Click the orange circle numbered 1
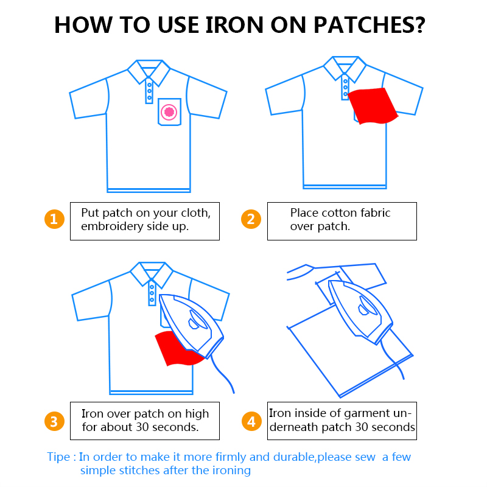point(54,219)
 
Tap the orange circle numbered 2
point(251,219)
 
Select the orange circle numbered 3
point(54,421)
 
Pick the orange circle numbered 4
point(251,421)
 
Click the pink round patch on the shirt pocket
point(169,112)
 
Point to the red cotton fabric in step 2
point(373,105)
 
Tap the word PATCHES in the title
point(370,25)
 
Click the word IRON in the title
point(234,25)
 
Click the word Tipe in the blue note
point(58,457)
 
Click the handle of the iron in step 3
point(198,320)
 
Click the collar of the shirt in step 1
point(149,72)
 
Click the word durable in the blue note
point(294,457)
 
